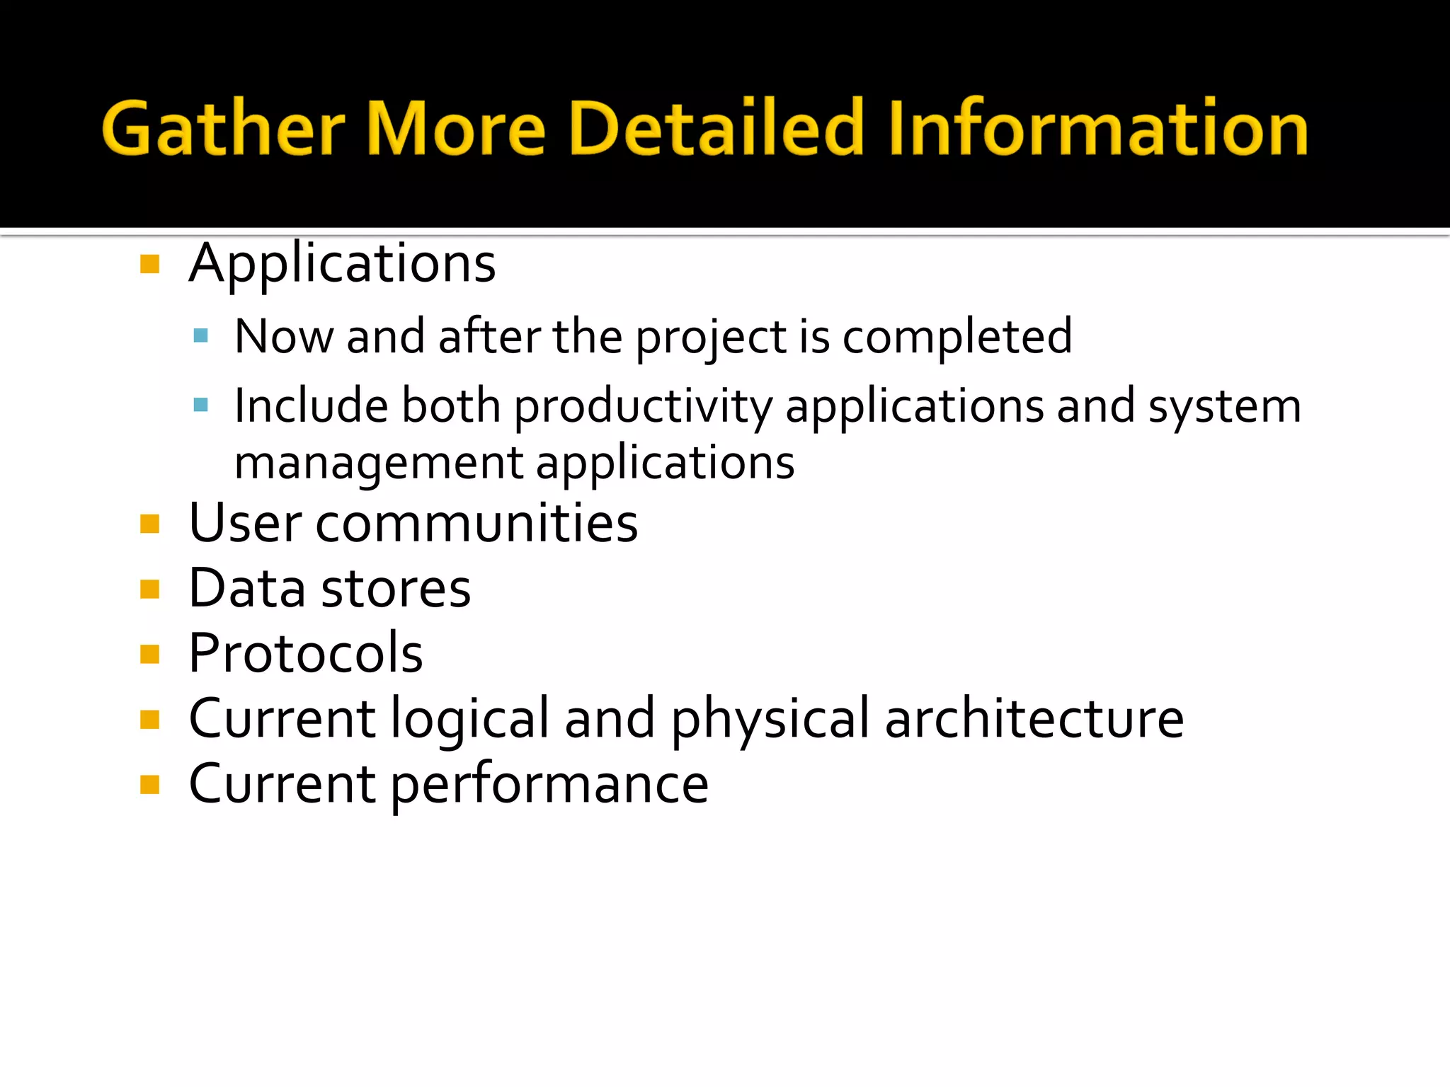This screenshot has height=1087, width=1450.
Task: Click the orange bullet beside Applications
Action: coord(149,265)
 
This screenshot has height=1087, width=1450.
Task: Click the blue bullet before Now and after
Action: coord(200,335)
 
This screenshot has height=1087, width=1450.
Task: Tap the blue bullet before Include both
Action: coord(200,405)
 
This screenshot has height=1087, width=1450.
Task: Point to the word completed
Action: coord(957,337)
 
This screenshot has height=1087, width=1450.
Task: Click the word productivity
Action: coord(643,408)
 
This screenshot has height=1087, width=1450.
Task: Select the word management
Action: coord(379,464)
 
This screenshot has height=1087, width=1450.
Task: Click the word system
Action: coord(1224,408)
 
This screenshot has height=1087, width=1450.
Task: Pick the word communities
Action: coord(476,524)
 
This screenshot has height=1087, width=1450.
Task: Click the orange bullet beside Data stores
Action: coord(149,589)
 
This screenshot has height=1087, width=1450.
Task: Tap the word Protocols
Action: coord(306,654)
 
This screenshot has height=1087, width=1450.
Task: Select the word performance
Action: coord(549,786)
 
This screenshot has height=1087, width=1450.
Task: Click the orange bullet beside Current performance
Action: coord(149,785)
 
